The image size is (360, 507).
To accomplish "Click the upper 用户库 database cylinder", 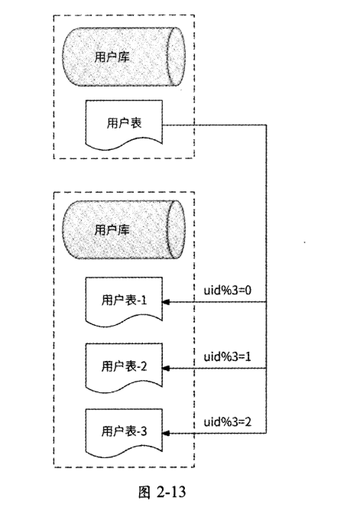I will (123, 55).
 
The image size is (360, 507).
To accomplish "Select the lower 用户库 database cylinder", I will (123, 229).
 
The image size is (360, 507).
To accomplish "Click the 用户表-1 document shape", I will (123, 302).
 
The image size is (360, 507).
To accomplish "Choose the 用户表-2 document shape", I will (123, 366).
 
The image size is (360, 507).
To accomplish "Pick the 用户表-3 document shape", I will (123, 431).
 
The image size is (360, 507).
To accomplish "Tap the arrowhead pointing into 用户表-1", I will (169, 302).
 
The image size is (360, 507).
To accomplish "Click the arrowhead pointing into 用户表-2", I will (169, 368).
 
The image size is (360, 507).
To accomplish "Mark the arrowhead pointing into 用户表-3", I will (169, 433).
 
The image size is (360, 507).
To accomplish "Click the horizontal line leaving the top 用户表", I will (214, 124).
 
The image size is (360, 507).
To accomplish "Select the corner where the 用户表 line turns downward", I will (266, 124).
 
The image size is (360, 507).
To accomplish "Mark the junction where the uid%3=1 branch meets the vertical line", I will (266, 368).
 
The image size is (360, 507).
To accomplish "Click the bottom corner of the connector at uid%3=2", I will (266, 433).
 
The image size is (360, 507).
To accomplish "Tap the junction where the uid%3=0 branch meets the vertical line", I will (266, 302).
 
